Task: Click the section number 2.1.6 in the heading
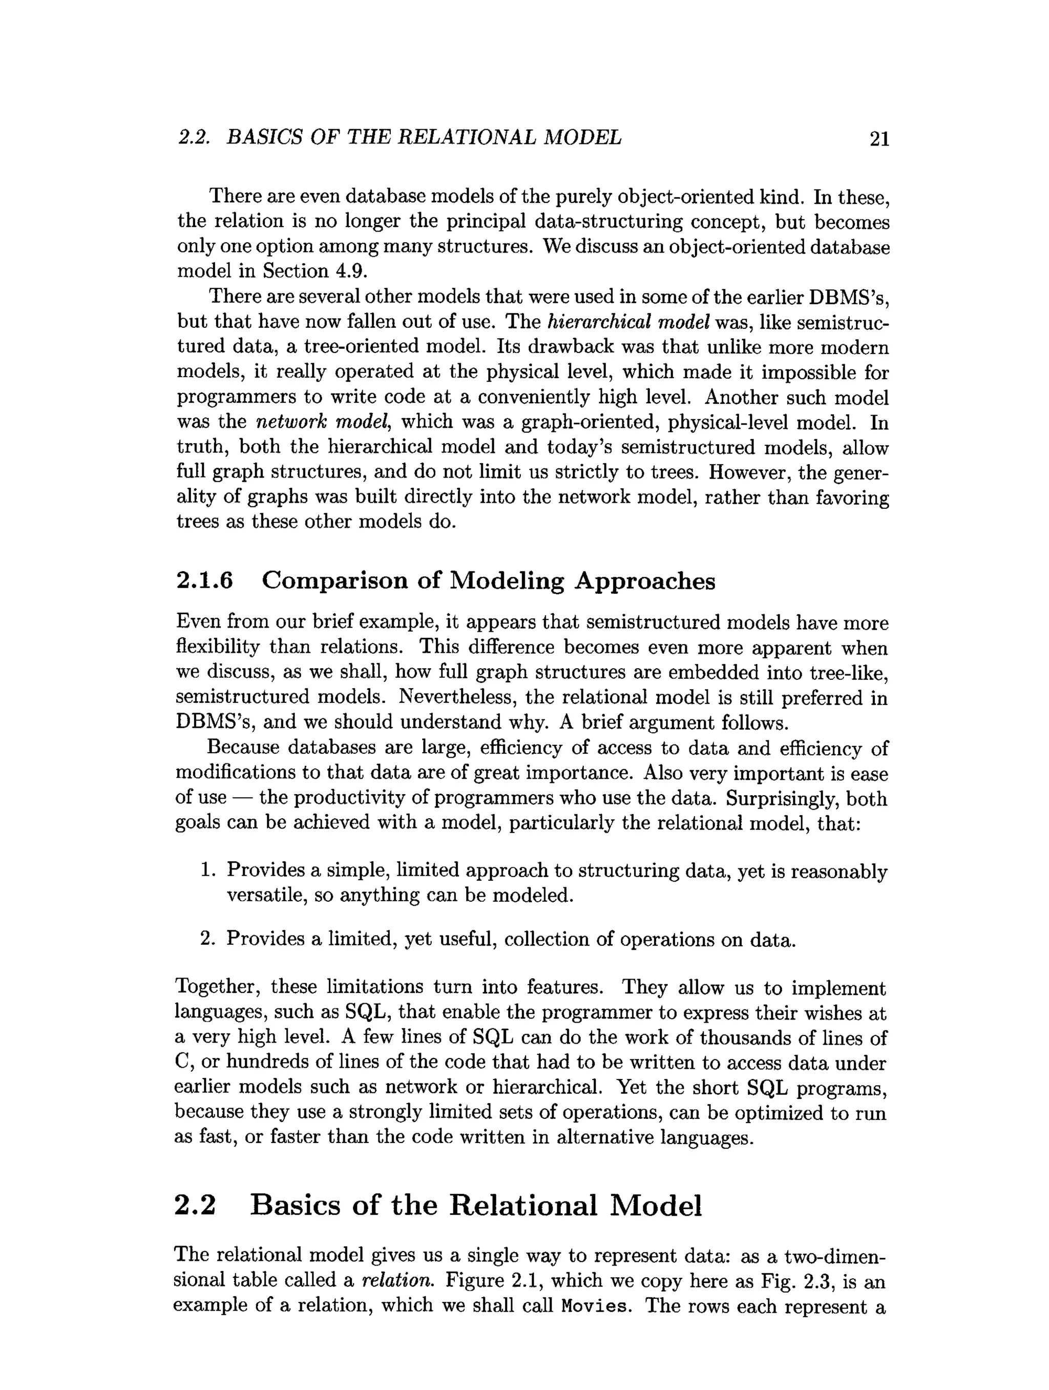(x=205, y=580)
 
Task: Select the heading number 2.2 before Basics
(x=195, y=1205)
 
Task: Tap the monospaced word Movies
(x=594, y=1306)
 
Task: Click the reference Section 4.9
(x=314, y=271)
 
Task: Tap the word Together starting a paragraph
(x=217, y=987)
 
